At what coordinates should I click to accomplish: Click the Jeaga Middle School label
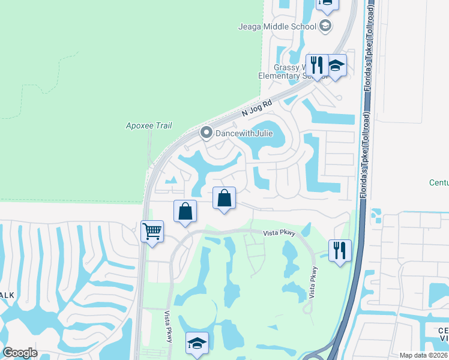pyautogui.click(x=277, y=26)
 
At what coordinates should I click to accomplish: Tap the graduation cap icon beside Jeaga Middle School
pyautogui.click(x=325, y=26)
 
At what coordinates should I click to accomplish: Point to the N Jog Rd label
pyautogui.click(x=257, y=108)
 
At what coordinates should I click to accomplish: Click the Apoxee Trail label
pyautogui.click(x=149, y=125)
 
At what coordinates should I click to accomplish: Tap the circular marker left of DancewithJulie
pyautogui.click(x=206, y=132)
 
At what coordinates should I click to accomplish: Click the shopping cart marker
pyautogui.click(x=152, y=230)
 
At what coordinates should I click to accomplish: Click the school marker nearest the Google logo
pyautogui.click(x=197, y=343)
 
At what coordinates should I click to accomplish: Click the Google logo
pyautogui.click(x=20, y=353)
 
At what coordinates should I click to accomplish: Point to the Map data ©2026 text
pyautogui.click(x=423, y=355)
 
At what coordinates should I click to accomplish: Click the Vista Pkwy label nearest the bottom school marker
pyautogui.click(x=169, y=326)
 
